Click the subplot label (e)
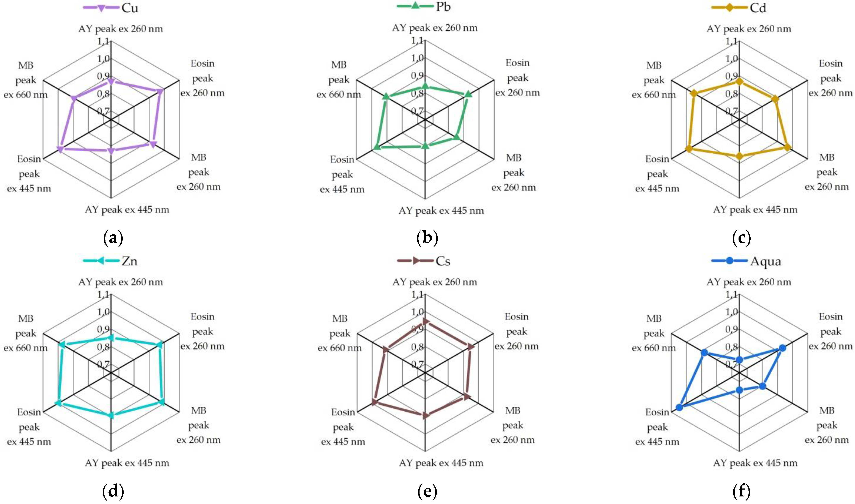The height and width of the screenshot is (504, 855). [x=427, y=491]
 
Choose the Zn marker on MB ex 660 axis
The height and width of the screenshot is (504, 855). [x=61, y=345]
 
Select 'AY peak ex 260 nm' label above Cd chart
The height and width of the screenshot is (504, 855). [x=749, y=28]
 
